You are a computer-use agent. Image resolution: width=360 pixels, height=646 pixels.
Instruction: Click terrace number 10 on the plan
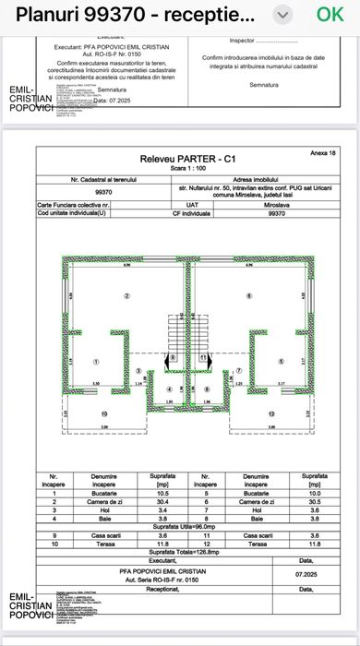(x=103, y=413)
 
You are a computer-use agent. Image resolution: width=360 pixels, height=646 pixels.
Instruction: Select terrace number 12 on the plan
(x=270, y=413)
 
